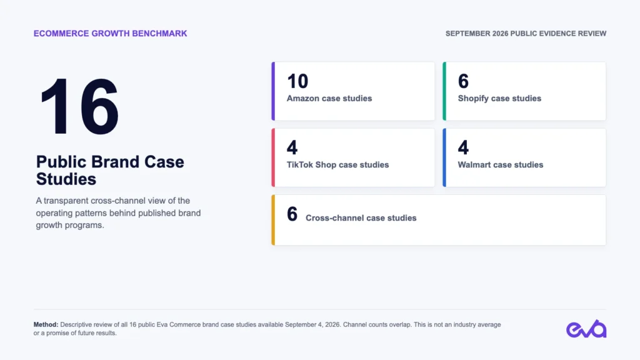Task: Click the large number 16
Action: point(79,106)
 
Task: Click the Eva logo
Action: point(586,329)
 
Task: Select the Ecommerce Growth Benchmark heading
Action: point(110,34)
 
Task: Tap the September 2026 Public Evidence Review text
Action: point(526,34)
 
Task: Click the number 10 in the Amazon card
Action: point(297,81)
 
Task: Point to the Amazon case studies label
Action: point(329,98)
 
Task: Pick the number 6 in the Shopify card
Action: point(463,81)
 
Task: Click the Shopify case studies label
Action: point(499,98)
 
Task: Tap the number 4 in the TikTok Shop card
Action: point(292,147)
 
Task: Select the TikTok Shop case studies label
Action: point(337,165)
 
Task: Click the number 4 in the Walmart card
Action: point(463,147)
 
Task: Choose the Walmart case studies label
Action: point(501,165)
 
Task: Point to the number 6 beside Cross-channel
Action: point(292,214)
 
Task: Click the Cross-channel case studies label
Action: point(361,218)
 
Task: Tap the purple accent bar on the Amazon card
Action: point(273,91)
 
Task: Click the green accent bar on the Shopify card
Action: point(444,91)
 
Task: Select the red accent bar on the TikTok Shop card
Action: point(273,157)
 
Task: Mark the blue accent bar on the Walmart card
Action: point(444,157)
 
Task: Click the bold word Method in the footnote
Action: point(46,324)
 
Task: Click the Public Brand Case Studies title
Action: point(110,170)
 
